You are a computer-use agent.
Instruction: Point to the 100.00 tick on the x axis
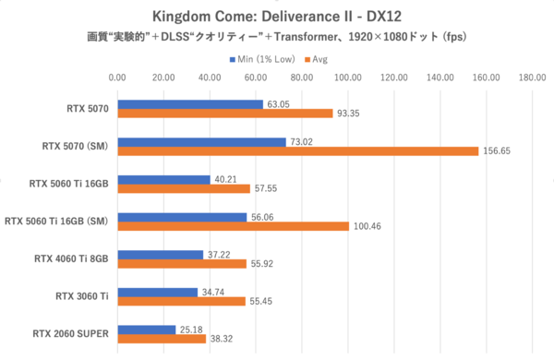coord(349,78)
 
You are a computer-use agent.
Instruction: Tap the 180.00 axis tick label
coord(532,78)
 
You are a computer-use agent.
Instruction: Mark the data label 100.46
coord(367,226)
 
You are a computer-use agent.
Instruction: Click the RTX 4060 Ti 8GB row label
coord(70,258)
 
